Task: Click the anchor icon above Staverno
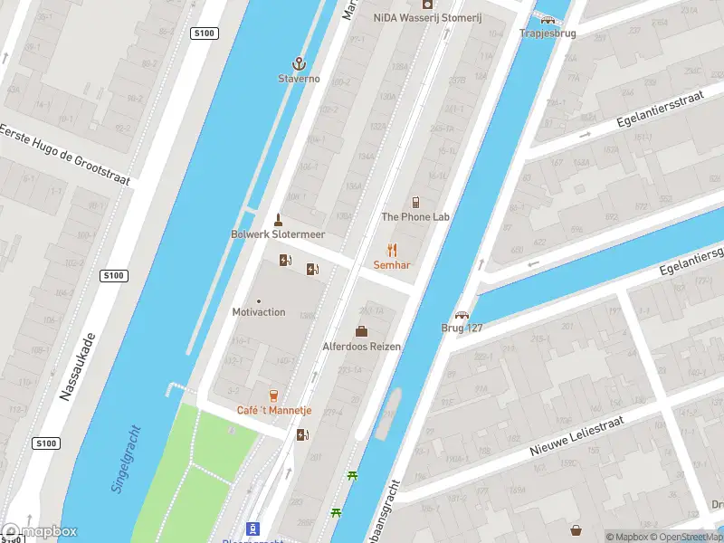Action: [299, 63]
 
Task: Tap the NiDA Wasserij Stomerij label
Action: [428, 18]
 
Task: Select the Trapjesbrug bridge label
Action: [548, 33]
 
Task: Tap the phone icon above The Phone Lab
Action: [415, 202]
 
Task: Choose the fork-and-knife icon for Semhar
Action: [392, 250]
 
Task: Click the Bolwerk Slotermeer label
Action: [278, 234]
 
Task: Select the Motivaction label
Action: [259, 312]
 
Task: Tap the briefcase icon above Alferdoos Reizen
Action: [361, 331]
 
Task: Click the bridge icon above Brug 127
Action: [462, 316]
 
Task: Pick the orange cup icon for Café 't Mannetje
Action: [273, 395]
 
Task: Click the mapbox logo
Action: [40, 532]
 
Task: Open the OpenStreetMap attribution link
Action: [690, 537]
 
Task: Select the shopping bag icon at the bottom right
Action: [576, 529]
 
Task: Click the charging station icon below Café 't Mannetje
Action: [302, 434]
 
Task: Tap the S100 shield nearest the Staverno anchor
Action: [205, 33]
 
